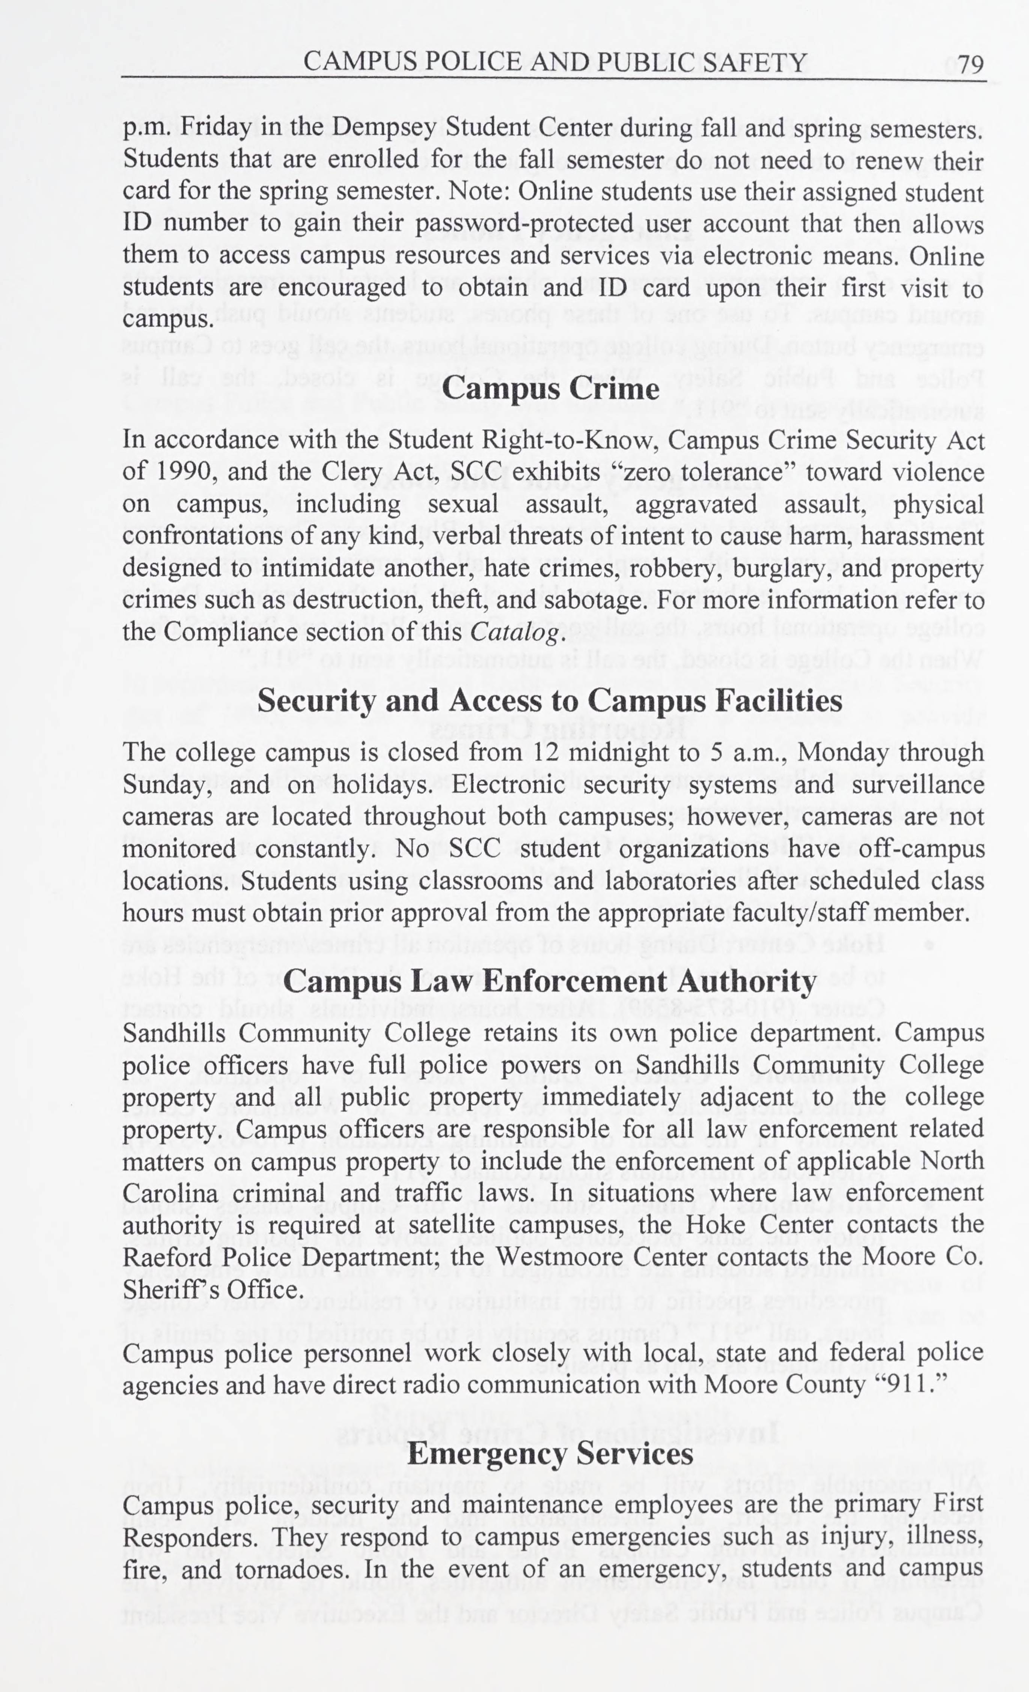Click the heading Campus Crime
point(550,389)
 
